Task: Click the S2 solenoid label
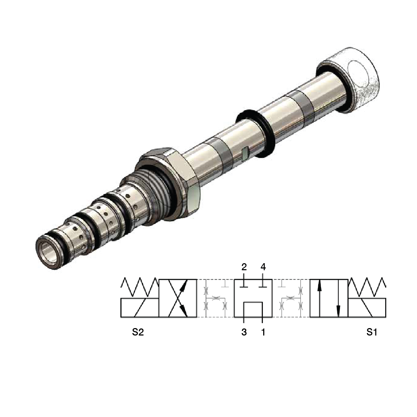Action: pyautogui.click(x=138, y=332)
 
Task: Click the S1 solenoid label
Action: pyautogui.click(x=371, y=332)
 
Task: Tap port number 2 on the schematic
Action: pyautogui.click(x=244, y=267)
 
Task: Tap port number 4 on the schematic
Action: pyautogui.click(x=263, y=267)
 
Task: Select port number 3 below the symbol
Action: pyautogui.click(x=244, y=332)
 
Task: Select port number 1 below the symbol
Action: pyautogui.click(x=263, y=332)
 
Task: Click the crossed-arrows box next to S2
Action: pyautogui.click(x=178, y=298)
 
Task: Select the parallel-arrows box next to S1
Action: pyautogui.click(x=329, y=298)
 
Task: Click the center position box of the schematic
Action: pyautogui.click(x=253, y=298)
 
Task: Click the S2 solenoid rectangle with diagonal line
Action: pyautogui.click(x=140, y=308)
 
